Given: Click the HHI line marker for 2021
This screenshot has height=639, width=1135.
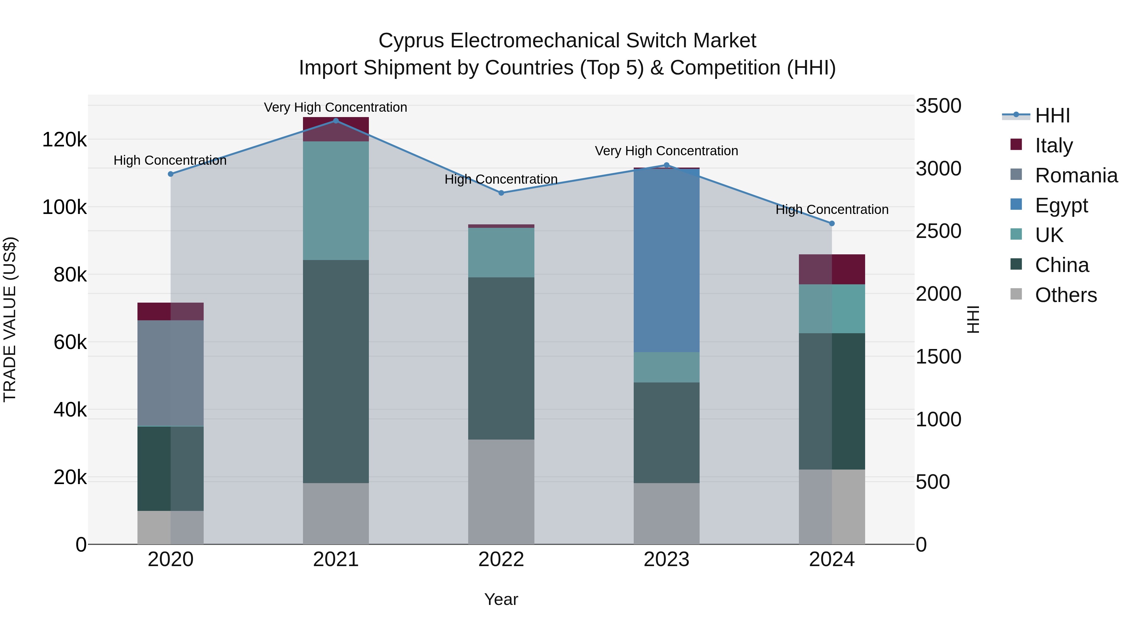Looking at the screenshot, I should [336, 121].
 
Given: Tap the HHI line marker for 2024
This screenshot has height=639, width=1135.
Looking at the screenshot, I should [832, 224].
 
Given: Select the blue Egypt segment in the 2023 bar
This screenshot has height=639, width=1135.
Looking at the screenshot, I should [666, 260].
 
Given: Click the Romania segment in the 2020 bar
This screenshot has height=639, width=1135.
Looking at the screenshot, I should [171, 373].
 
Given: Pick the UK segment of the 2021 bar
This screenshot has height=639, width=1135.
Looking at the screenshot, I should [336, 201].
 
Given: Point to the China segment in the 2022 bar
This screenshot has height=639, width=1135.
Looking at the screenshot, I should [501, 358].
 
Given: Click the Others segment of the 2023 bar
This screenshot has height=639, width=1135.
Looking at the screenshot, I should [666, 513].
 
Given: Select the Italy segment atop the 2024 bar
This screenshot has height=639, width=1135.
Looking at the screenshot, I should [832, 269].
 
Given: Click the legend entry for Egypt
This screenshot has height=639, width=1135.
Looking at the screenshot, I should [1061, 205].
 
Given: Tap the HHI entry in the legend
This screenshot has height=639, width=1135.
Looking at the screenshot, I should [1052, 115].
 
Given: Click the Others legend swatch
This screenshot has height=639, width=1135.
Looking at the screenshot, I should [1016, 294].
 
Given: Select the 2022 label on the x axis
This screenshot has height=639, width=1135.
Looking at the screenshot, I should [501, 559].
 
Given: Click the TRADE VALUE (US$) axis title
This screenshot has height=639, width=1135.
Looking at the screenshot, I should [10, 319].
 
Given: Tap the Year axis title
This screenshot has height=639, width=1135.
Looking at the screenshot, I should [501, 599].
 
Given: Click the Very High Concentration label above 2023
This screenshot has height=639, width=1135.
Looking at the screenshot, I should [666, 151].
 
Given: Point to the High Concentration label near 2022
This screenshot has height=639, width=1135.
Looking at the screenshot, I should [501, 180].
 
